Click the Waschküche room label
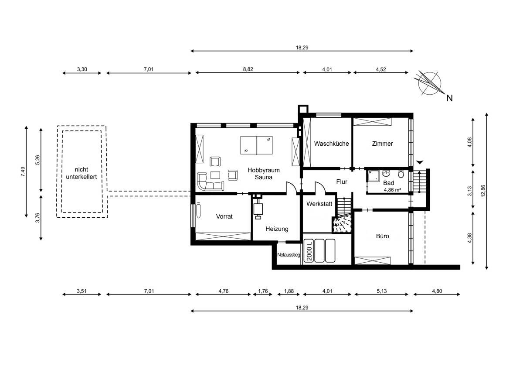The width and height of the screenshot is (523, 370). click(x=331, y=144)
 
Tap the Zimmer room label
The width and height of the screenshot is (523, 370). click(x=383, y=144)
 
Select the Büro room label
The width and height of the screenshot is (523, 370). click(x=383, y=236)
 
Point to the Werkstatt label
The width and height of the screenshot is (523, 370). click(x=319, y=204)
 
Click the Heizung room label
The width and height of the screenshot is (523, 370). click(x=277, y=229)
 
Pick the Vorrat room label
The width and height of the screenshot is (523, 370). click(x=224, y=216)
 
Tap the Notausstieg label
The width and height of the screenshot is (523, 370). click(x=289, y=255)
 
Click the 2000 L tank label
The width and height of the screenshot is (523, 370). click(x=309, y=250)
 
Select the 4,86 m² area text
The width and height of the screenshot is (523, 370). click(x=393, y=190)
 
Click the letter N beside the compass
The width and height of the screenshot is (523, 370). click(x=449, y=98)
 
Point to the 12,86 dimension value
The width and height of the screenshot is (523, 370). click(x=483, y=191)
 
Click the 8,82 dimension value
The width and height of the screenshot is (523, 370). click(x=248, y=69)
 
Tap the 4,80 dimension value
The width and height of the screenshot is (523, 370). click(x=437, y=291)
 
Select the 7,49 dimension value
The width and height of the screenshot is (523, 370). click(x=23, y=171)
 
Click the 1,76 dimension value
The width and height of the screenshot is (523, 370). click(x=263, y=291)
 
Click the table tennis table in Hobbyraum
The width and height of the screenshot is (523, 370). click(x=256, y=145)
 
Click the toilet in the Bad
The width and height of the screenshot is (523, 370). click(x=401, y=174)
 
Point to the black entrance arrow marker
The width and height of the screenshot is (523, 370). click(x=420, y=162)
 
